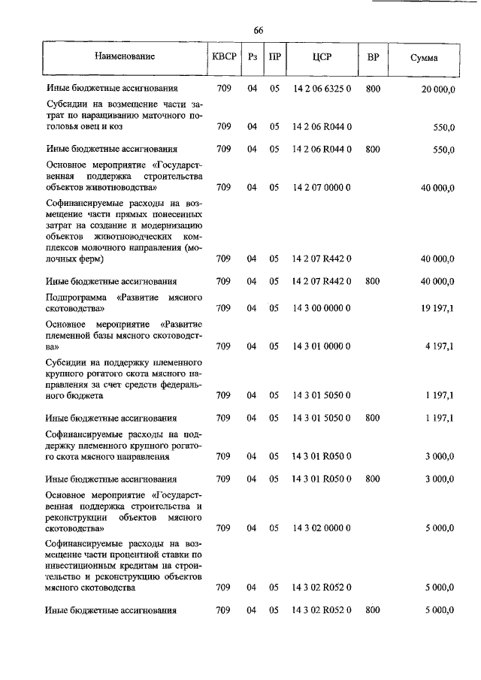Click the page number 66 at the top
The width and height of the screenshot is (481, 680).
(258, 31)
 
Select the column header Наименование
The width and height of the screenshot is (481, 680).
(125, 57)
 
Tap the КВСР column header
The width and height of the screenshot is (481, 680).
(224, 57)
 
